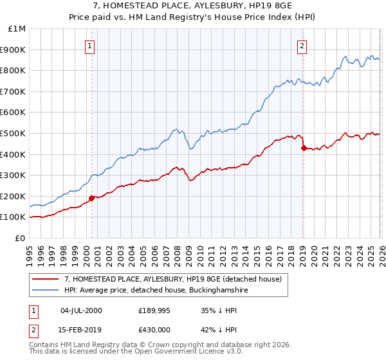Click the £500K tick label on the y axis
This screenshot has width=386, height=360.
click(13, 133)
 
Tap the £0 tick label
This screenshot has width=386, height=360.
click(21, 238)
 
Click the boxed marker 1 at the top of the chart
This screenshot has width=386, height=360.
click(89, 45)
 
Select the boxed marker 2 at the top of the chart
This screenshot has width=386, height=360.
click(301, 45)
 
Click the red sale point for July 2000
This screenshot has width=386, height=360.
click(91, 198)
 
